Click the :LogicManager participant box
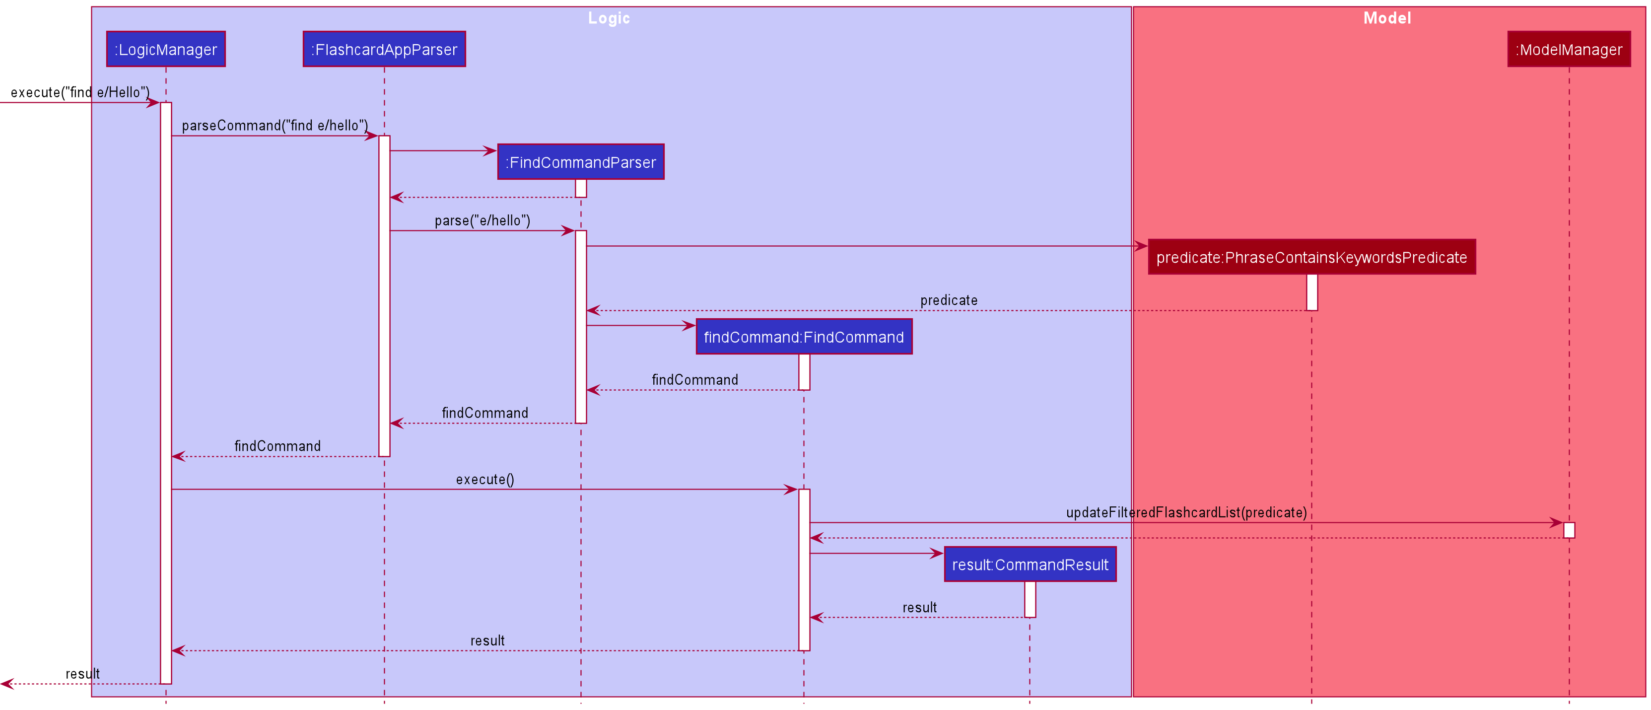click(166, 49)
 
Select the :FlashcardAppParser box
click(384, 49)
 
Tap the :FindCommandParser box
click(581, 162)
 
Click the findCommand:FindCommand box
click(804, 337)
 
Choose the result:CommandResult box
click(1030, 565)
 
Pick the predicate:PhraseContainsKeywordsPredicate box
click(1311, 258)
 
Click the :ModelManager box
click(1568, 49)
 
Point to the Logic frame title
click(609, 18)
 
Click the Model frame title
click(1387, 18)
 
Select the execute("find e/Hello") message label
click(80, 92)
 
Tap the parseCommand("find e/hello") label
click(275, 126)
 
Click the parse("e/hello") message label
click(482, 221)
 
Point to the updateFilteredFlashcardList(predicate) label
click(1186, 512)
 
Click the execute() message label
click(485, 479)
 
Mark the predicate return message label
click(949, 300)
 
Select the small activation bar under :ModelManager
click(1569, 530)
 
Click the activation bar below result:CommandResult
click(1030, 599)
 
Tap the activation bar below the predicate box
click(1312, 292)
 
